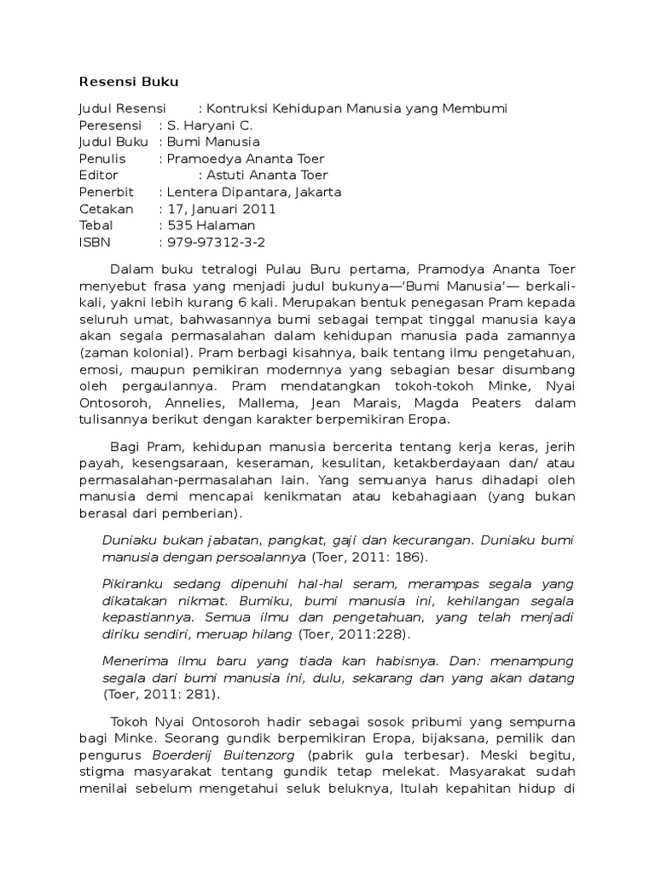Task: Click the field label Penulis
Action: pyautogui.click(x=101, y=159)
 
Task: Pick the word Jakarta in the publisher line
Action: pyautogui.click(x=315, y=192)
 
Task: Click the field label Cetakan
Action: pyautogui.click(x=106, y=209)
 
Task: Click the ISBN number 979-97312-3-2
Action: pyautogui.click(x=216, y=242)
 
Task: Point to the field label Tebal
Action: pyautogui.click(x=96, y=225)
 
